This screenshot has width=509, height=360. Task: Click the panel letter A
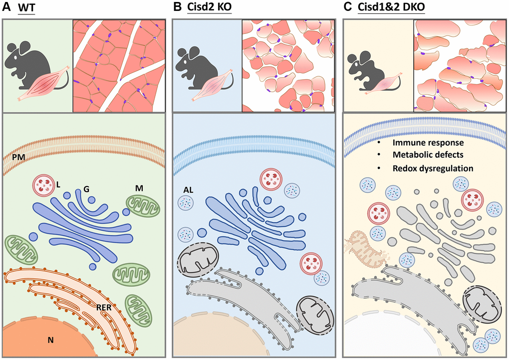tap(6, 7)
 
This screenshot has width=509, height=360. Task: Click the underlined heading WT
tap(26, 7)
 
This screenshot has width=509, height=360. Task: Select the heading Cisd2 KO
tap(209, 7)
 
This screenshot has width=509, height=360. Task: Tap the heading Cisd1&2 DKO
tap(391, 7)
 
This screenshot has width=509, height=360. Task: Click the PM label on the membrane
tap(19, 158)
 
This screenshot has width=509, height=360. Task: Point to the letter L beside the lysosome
tap(58, 184)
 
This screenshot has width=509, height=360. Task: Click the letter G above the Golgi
tap(86, 189)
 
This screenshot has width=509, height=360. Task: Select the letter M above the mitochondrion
tap(139, 188)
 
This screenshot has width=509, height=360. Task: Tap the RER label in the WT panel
tap(104, 307)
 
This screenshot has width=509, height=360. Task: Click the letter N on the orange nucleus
tap(50, 340)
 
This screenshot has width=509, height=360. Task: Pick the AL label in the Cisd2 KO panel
tap(188, 190)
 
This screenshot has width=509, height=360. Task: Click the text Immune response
tap(428, 143)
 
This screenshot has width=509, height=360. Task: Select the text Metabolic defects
tap(428, 155)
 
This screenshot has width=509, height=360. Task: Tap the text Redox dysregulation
tap(433, 169)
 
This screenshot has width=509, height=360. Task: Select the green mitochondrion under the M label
tap(143, 205)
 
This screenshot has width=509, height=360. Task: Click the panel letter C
tap(347, 7)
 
